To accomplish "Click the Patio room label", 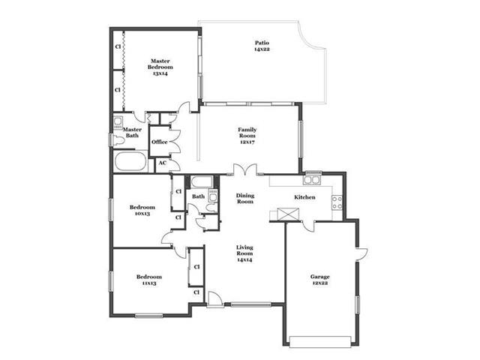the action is click(262, 46).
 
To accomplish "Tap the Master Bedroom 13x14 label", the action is click(160, 67).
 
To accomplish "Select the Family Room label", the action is click(247, 136).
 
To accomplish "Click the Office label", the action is click(160, 142).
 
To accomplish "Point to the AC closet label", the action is click(163, 163).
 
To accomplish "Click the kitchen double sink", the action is click(312, 180).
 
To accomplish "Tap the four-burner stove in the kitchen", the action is click(337, 202).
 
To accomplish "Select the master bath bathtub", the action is click(130, 161).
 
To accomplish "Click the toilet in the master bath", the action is click(118, 140).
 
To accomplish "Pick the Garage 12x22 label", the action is click(320, 280).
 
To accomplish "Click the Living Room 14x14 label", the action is click(244, 253).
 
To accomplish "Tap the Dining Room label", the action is click(245, 199).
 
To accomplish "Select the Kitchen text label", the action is click(304, 197).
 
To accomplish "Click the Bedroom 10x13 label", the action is click(142, 210).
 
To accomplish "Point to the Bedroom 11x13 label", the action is click(149, 280).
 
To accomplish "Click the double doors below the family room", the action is click(245, 170).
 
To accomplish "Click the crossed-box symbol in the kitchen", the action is click(288, 214).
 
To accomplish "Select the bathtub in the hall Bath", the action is click(202, 182).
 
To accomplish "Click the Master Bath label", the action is click(132, 133).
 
